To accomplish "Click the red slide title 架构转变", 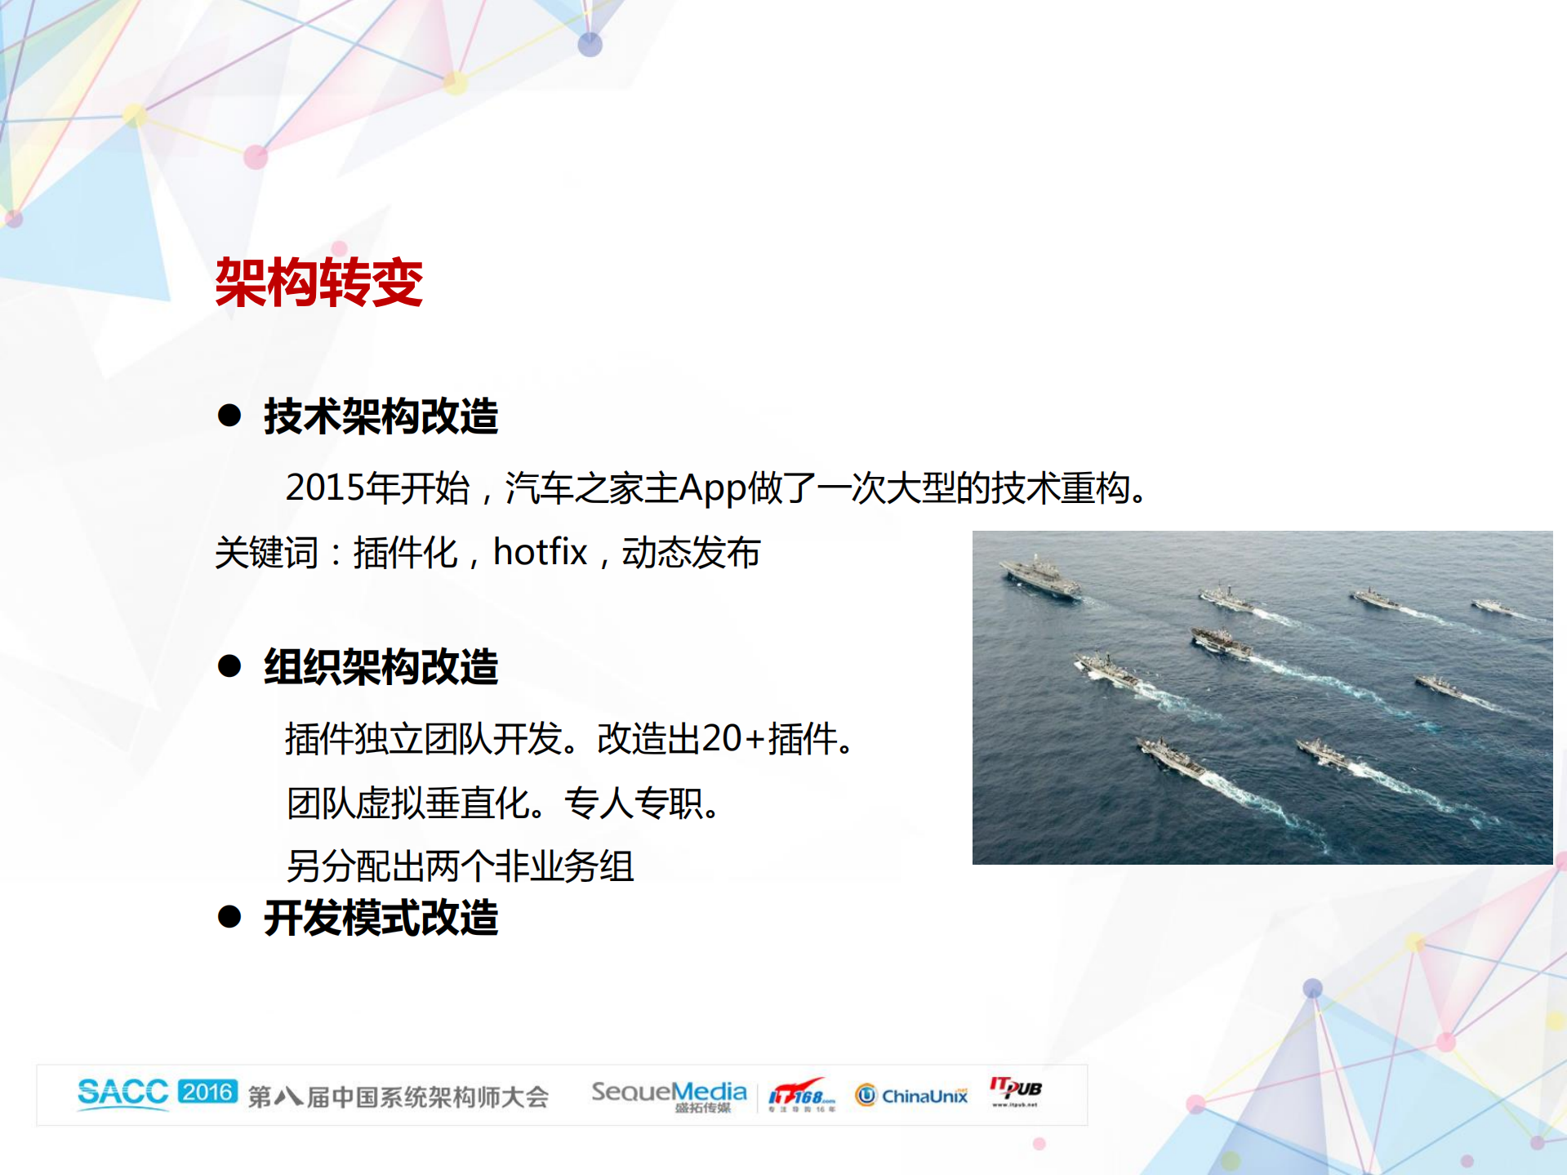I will [318, 283].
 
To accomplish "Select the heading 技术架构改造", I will [381, 416].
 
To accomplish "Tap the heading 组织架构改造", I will [381, 667].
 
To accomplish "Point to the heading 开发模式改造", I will [381, 918].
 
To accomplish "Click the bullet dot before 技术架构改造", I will [229, 416].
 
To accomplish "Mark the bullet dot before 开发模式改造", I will [229, 917].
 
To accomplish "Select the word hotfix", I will [540, 553].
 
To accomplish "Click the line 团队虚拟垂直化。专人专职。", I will [504, 803].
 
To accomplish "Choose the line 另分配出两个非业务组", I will [460, 866].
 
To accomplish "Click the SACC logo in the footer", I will [122, 1093].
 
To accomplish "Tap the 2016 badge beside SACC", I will [207, 1092].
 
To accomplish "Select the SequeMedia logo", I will [669, 1095].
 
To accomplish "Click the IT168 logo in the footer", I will [801, 1094].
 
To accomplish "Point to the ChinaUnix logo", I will [911, 1095].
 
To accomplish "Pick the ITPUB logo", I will [1015, 1091].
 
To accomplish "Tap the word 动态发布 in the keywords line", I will [691, 553].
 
